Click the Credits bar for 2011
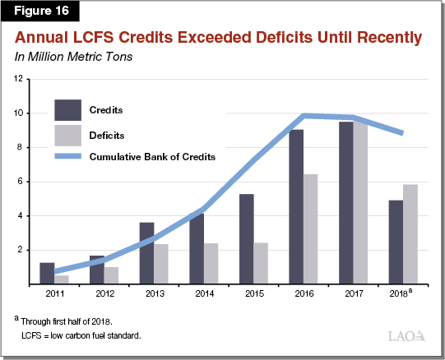click(47, 274)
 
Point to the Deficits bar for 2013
click(161, 264)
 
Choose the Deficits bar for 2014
click(211, 264)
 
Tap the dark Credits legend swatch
click(69, 109)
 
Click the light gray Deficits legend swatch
click(69, 133)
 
